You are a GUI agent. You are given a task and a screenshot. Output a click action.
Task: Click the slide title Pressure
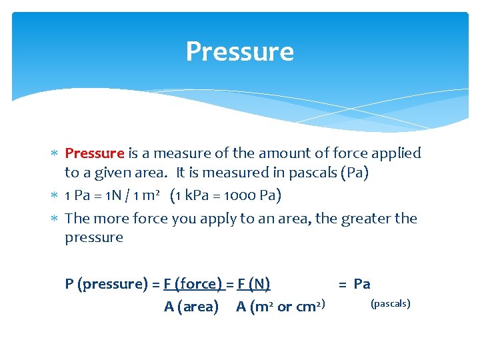coord(239,51)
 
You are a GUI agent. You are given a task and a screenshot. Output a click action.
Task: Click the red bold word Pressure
coord(95,153)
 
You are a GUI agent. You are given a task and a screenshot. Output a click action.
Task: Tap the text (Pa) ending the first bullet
coord(354,172)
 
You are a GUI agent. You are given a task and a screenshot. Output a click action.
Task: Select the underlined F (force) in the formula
coord(193,284)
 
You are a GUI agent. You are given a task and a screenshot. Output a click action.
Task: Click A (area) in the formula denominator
coord(191,307)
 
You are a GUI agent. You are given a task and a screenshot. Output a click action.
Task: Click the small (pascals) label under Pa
coord(390,304)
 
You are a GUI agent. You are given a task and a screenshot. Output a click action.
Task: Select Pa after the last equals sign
coord(362,284)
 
